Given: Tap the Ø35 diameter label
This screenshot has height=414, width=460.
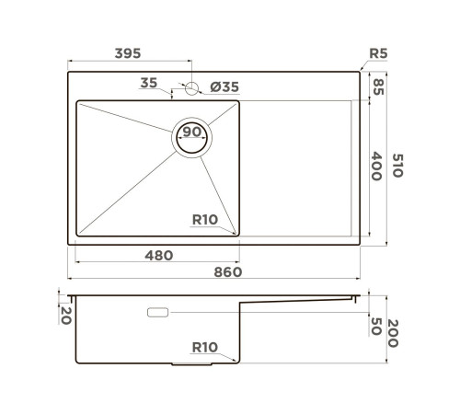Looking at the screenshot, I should click(224, 86).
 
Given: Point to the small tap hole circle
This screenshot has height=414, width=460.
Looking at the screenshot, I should click(190, 88).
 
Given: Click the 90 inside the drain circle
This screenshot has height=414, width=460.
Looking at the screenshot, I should click(192, 132).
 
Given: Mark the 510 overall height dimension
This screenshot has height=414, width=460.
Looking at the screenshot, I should click(398, 166).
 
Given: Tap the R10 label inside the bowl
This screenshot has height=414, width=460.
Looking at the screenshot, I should click(204, 219).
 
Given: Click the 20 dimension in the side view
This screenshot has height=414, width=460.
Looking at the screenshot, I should click(64, 315).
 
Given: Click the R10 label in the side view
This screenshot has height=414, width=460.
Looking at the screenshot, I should click(204, 348).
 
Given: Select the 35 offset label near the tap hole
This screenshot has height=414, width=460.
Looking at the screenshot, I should click(149, 84).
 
